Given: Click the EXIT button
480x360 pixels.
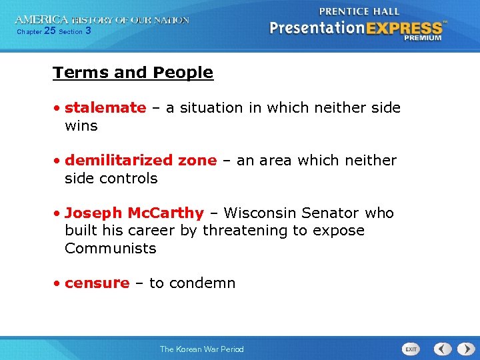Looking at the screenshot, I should (x=411, y=349).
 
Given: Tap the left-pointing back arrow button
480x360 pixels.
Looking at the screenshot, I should (x=443, y=349).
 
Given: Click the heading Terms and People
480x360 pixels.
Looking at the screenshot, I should (x=133, y=73).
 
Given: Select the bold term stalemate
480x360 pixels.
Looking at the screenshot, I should (x=105, y=108).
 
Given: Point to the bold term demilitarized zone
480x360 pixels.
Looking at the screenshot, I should (x=141, y=161).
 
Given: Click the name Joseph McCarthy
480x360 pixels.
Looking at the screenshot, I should (x=134, y=213).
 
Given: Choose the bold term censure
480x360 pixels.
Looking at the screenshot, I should (x=97, y=283).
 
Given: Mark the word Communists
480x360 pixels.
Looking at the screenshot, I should (x=110, y=249).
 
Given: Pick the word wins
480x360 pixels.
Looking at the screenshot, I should (x=81, y=126).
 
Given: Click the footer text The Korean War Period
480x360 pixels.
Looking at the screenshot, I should (x=201, y=349).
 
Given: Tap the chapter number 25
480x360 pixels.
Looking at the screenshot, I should (x=50, y=31).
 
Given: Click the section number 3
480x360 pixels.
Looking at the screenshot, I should (x=89, y=31).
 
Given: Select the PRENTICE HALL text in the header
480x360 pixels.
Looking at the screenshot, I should (x=359, y=11).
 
